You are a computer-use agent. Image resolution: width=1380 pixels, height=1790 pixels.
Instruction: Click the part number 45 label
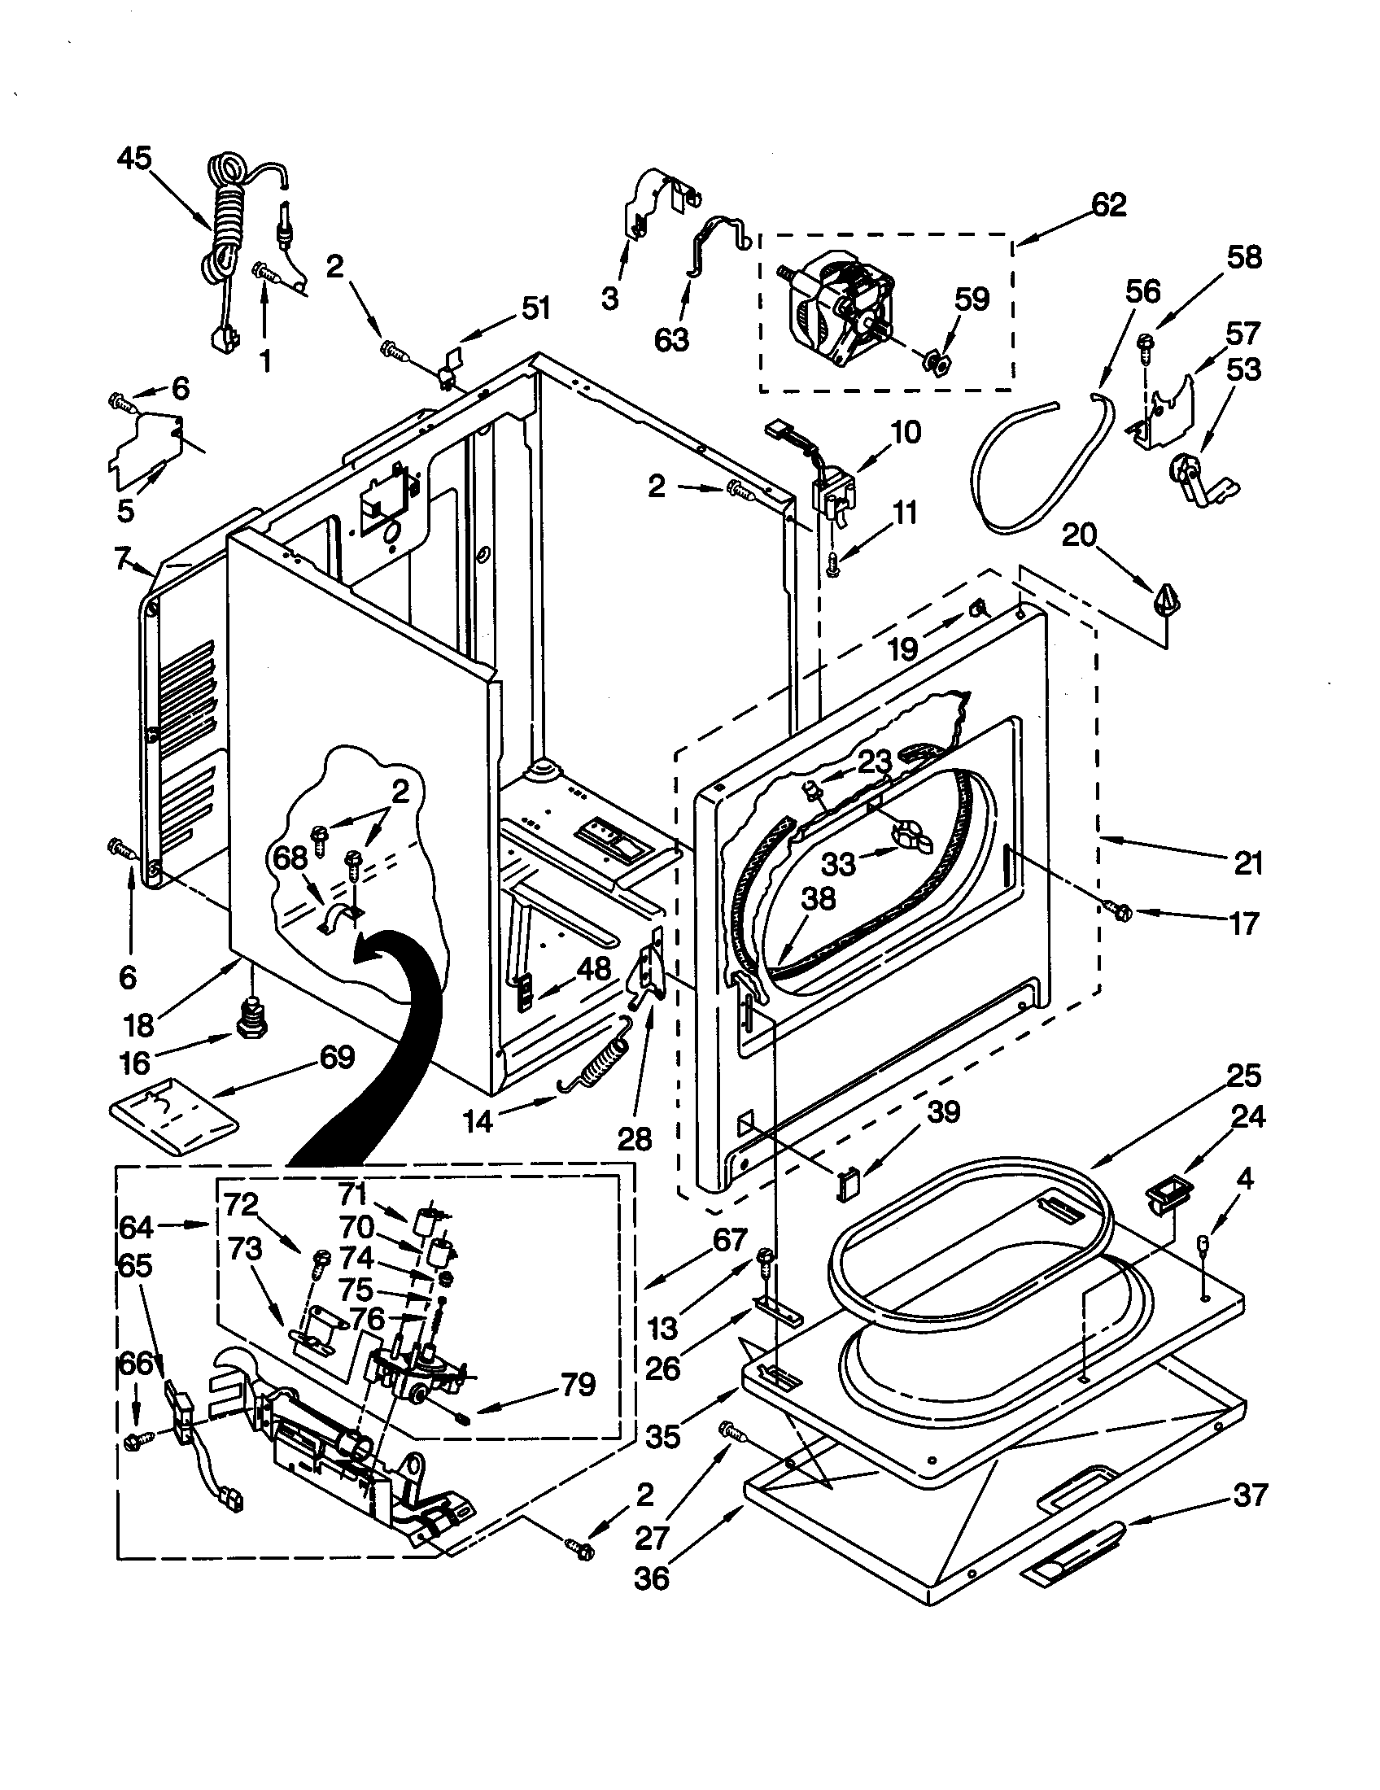[x=134, y=158]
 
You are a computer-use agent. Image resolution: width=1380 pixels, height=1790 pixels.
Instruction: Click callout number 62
[x=1108, y=205]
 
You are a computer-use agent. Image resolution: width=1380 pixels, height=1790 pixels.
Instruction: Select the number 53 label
[x=1243, y=369]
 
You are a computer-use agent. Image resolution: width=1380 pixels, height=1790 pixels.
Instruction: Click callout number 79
[x=578, y=1384]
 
